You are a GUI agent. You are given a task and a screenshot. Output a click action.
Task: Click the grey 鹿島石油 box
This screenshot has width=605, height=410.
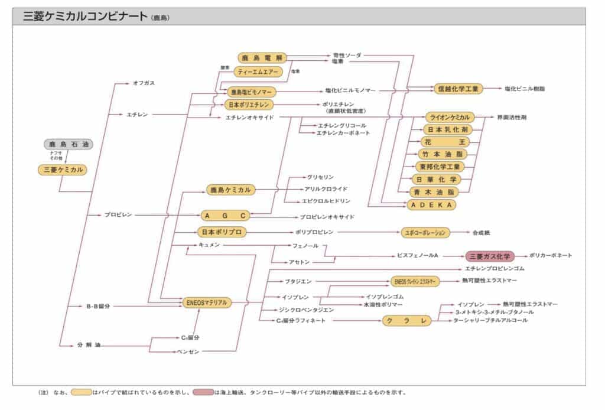pos(68,144)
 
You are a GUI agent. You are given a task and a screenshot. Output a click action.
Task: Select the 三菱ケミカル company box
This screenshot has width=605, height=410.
pos(61,170)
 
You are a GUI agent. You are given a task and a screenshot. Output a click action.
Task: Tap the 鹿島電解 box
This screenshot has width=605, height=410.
pos(262,58)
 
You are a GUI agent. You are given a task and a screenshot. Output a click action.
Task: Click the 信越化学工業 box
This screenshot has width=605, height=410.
pos(458,89)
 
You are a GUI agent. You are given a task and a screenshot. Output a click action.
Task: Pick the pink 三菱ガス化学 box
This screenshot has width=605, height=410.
pos(490,256)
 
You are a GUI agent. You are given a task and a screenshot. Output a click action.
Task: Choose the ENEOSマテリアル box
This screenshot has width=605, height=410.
pos(206,302)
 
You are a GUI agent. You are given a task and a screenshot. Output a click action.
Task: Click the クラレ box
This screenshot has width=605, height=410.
pos(406,320)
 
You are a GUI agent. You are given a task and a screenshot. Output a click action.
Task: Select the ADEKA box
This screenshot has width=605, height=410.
pos(432,204)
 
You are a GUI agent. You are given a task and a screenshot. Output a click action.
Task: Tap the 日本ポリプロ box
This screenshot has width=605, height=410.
pos(221,232)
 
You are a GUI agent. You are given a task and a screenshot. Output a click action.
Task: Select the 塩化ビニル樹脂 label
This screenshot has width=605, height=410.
pos(525,89)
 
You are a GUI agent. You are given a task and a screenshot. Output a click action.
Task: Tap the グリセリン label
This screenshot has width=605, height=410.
pos(320,177)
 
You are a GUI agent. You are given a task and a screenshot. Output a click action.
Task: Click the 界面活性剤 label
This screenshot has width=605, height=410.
pos(512,118)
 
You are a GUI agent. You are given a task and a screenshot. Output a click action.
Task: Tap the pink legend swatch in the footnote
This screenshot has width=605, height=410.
pos(203,392)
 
